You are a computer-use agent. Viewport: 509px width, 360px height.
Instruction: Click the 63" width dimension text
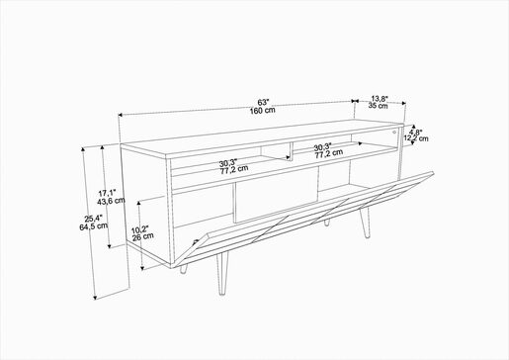coord(263,102)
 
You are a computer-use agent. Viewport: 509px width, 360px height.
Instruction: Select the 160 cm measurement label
coord(262,111)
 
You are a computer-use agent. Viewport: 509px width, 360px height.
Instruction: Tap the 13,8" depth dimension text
coord(380,98)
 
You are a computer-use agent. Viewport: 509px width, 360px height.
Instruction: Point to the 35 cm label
coord(378,106)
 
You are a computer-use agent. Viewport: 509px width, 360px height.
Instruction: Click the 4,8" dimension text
coord(415,133)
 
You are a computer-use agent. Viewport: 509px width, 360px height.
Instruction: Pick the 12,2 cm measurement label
coord(416,138)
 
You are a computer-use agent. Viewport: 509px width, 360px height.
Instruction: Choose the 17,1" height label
coord(108,193)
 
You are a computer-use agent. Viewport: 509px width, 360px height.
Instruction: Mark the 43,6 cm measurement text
coord(111,201)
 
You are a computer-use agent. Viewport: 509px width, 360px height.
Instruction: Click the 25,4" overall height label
coord(94,218)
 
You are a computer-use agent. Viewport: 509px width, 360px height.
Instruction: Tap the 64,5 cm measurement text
coord(94,226)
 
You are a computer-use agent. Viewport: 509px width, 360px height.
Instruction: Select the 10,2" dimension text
coord(140,229)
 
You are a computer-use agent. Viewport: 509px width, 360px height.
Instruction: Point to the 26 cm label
coord(142,236)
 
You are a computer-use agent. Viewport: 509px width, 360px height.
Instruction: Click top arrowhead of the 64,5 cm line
coord(83,150)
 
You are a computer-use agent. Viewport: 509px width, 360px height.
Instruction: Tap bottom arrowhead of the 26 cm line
coord(142,268)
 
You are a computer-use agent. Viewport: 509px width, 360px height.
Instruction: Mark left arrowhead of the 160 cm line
coord(121,115)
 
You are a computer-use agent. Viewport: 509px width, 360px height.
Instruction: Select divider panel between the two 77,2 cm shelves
coord(292,152)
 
